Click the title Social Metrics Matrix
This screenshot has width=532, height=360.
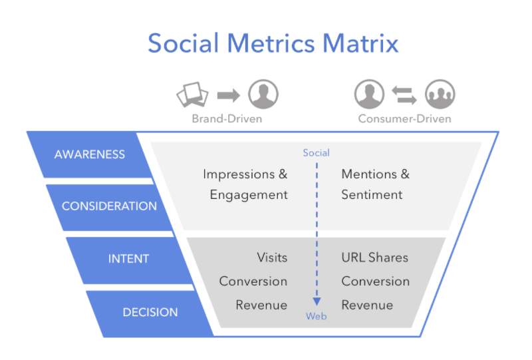tap(273, 43)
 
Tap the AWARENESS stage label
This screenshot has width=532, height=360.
tap(90, 154)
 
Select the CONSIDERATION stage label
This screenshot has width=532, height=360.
tap(109, 206)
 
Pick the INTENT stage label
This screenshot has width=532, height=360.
tap(128, 259)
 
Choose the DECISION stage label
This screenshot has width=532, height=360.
tap(150, 312)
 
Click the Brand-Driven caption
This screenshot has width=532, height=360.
tap(227, 119)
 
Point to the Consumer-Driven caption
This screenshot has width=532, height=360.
tap(405, 119)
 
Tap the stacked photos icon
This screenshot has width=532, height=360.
tap(192, 94)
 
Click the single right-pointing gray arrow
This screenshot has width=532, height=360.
tap(229, 95)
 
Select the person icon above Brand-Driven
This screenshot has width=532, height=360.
tap(263, 94)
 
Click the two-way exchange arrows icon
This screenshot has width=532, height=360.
tap(404, 94)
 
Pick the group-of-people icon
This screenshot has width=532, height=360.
tap(440, 94)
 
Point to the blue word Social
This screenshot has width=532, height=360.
tap(317, 153)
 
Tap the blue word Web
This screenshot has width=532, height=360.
tap(317, 316)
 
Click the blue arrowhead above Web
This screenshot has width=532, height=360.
tap(317, 301)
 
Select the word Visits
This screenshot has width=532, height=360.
tap(272, 258)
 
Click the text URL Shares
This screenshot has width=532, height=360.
tap(375, 258)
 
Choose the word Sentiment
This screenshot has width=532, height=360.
tap(372, 194)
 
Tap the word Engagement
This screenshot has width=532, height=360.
tap(249, 195)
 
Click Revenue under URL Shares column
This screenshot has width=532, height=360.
tap(367, 305)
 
